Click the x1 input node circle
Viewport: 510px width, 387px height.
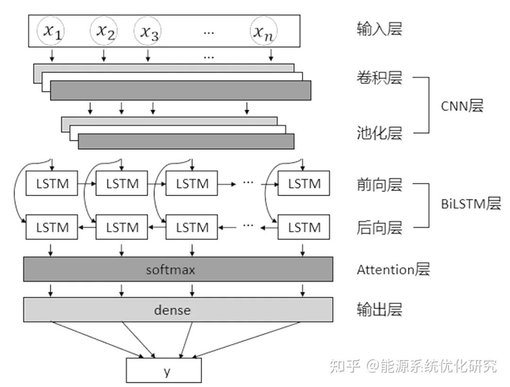point(53,31)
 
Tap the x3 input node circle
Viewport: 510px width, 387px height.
point(148,31)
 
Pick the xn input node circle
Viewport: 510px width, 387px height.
point(264,31)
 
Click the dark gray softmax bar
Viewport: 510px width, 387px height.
point(178,269)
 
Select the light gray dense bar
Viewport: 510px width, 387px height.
point(178,310)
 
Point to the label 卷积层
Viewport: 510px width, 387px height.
point(379,77)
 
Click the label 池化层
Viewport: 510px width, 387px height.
point(379,133)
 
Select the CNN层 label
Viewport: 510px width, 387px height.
point(462,106)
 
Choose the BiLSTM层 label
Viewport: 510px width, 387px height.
point(471,204)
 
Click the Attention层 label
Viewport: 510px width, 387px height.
point(393,269)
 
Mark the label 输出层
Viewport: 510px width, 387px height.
point(379,310)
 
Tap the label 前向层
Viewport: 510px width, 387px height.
point(379,185)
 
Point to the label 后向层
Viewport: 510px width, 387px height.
point(379,228)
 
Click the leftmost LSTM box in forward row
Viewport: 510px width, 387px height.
point(52,184)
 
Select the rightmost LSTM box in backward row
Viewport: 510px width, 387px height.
point(304,227)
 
